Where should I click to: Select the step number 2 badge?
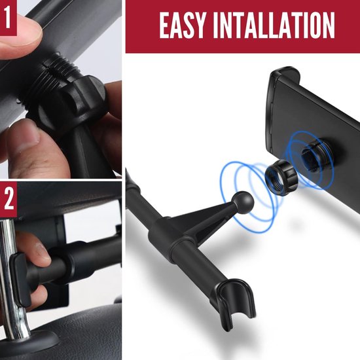coord(9,199)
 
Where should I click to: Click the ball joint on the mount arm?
coord(243,202)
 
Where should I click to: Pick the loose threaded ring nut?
coord(281,177)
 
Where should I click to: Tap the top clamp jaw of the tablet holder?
coord(285,76)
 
